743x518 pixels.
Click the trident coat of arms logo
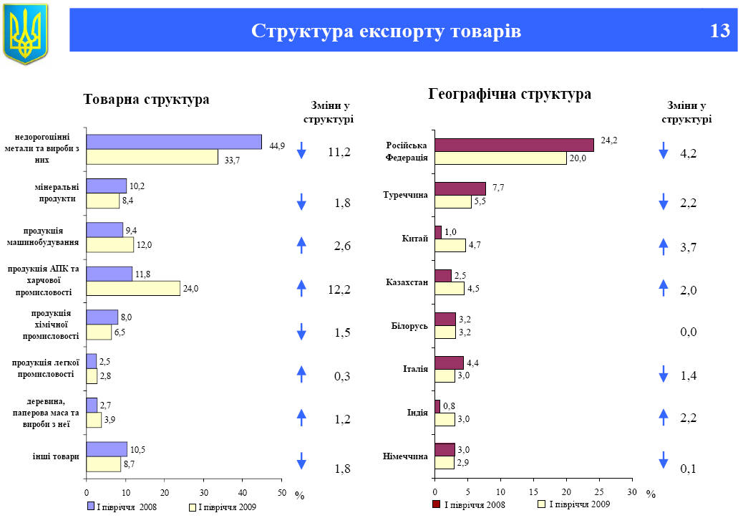(26, 33)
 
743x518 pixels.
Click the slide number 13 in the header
(719, 31)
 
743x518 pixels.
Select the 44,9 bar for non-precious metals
(174, 142)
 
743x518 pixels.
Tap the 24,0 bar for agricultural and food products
(133, 288)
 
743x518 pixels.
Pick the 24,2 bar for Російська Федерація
(514, 145)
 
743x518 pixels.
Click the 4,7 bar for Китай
(450, 245)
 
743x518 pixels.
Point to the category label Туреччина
(406, 194)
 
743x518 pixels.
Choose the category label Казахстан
(407, 282)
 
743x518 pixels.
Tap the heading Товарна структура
(146, 100)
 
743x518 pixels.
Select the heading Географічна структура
(510, 94)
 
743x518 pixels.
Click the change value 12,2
(339, 289)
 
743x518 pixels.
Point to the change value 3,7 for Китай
(689, 247)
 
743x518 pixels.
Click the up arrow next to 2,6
(301, 245)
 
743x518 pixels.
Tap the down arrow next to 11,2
(301, 150)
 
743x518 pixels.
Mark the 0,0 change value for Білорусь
(689, 332)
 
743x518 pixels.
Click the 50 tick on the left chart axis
(281, 492)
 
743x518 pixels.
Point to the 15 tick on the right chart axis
(533, 492)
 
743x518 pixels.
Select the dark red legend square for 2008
(436, 504)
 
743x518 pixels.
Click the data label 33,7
(232, 160)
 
